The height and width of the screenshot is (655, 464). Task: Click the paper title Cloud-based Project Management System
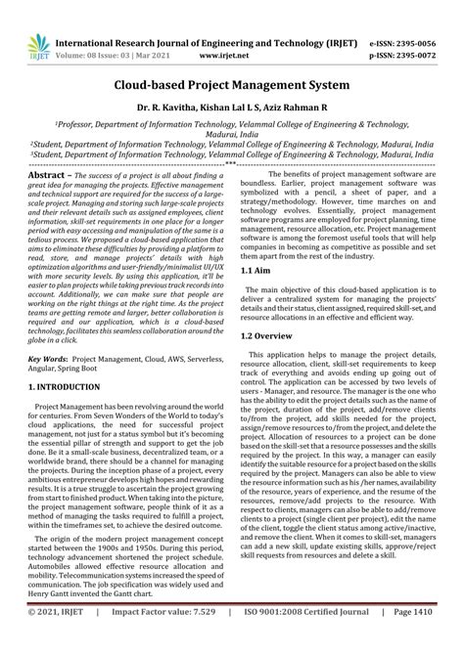[231, 87]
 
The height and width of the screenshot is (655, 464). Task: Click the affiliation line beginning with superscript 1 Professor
[231, 126]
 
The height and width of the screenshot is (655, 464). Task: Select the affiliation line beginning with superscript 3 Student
[231, 153]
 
